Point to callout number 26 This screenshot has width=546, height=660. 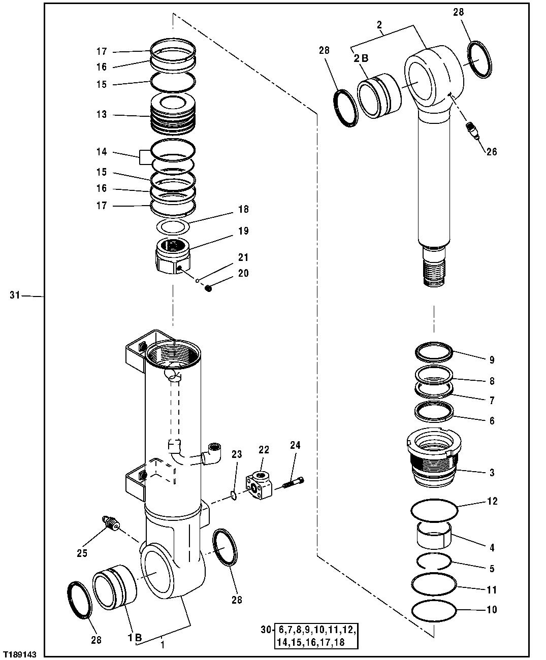(491, 152)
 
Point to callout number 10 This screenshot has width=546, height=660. (492, 609)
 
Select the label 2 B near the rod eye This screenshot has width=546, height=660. (361, 58)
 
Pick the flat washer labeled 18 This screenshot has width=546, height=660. (173, 225)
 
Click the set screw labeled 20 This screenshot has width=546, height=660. (208, 288)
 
